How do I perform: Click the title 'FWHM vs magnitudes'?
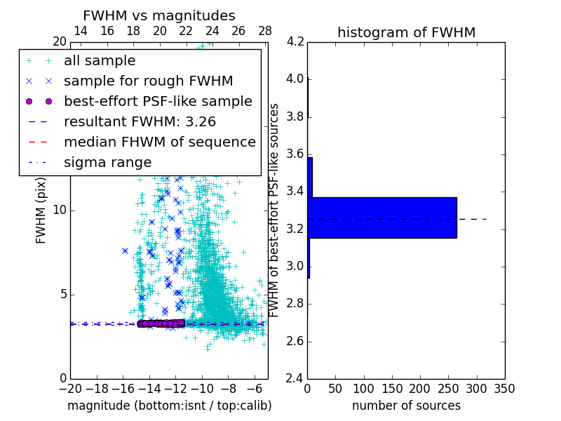(159, 15)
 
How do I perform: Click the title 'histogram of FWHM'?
(406, 32)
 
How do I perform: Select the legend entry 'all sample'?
(100, 61)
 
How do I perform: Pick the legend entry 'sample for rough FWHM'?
(148, 81)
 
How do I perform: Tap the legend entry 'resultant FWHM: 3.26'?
(149, 122)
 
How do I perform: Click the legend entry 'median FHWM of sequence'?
(159, 142)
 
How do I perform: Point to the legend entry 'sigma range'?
(107, 163)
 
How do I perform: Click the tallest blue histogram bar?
(382, 218)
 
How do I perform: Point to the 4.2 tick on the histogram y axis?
(295, 41)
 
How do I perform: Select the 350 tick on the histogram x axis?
(504, 389)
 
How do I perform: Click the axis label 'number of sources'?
(406, 406)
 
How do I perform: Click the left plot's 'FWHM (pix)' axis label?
(41, 210)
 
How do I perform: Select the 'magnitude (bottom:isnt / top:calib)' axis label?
(169, 406)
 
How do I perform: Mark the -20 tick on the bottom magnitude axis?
(70, 389)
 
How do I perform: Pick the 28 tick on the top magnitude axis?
(265, 31)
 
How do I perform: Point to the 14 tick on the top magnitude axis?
(81, 31)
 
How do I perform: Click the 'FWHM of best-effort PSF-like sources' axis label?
(275, 210)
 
